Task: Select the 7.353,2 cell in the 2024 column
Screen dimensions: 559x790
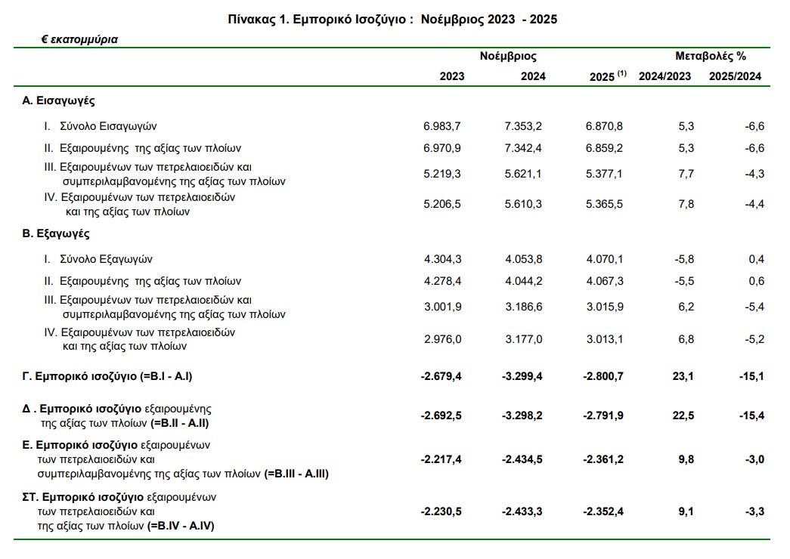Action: pos(524,126)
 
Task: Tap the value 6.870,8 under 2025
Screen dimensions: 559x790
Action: pos(604,126)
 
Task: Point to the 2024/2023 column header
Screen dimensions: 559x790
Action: pos(665,76)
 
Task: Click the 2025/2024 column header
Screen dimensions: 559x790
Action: pos(735,76)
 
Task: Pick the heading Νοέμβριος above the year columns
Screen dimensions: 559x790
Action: pos(508,56)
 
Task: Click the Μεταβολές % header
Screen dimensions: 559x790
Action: pos(710,56)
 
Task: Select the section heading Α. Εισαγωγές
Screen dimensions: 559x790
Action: pos(58,100)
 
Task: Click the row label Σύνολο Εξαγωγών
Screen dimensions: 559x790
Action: pos(106,259)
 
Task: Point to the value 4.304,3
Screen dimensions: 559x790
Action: pos(444,259)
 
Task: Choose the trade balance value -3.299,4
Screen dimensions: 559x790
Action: pos(522,375)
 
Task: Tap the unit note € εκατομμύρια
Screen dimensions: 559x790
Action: pos(79,39)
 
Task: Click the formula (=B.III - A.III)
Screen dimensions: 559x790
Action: pos(296,474)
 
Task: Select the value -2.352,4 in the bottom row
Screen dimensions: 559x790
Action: pos(603,511)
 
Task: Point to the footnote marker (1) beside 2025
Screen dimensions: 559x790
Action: pos(622,73)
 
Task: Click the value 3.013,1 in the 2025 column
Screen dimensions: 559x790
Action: pos(604,339)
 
